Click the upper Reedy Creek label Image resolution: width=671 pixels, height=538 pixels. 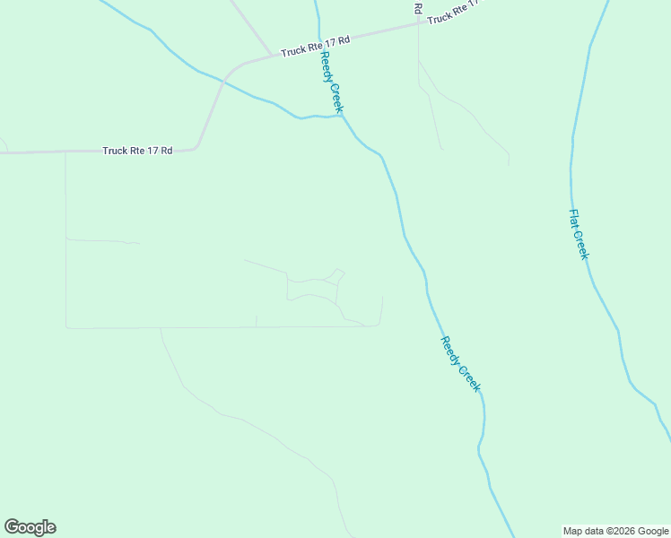[x=331, y=82]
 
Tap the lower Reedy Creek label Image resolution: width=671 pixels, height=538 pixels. [x=461, y=364]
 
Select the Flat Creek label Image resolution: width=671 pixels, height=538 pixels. [x=579, y=235]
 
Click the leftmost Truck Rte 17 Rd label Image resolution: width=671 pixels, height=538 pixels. [x=137, y=151]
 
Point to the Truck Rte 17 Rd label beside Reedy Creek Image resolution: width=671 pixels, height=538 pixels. [x=314, y=47]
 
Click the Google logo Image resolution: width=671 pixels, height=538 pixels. [x=30, y=526]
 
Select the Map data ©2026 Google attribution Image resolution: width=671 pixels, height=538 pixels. [x=616, y=531]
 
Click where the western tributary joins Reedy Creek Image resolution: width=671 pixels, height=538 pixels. [x=342, y=116]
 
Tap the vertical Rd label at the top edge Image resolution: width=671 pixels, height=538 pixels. [x=418, y=7]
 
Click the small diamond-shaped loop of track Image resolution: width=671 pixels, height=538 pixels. [x=337, y=274]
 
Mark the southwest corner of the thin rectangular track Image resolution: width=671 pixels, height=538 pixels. [x=66, y=327]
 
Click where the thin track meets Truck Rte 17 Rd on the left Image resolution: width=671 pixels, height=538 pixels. [x=65, y=152]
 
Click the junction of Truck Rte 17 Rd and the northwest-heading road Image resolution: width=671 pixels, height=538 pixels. [x=272, y=55]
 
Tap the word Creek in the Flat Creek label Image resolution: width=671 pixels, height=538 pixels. [x=582, y=246]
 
